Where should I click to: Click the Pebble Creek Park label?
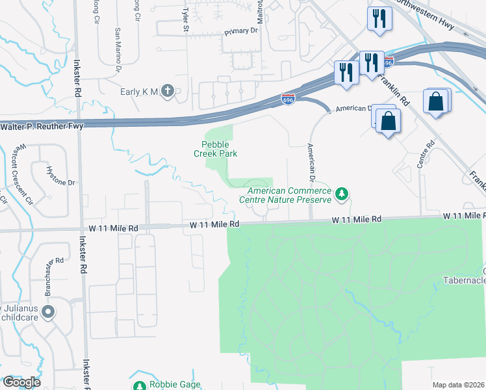point(215,149)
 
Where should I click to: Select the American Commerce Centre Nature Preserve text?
point(286,195)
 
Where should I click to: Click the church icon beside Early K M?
point(168,92)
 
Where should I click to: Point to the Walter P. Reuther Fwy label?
point(42,126)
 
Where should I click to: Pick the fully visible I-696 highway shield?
point(288,99)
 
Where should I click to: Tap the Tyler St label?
point(186,13)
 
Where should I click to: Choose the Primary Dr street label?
point(241,31)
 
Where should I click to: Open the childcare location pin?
point(47,313)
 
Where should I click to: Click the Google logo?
point(21,382)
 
